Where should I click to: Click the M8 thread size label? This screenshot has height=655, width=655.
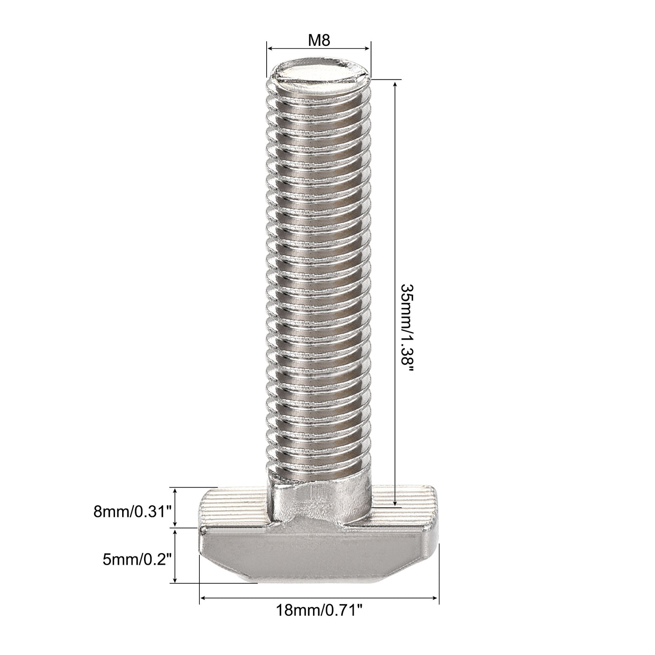pyautogui.click(x=319, y=41)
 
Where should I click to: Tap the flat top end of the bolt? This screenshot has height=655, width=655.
pyautogui.click(x=319, y=74)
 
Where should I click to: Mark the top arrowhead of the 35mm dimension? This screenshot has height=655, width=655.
pyautogui.click(x=396, y=83)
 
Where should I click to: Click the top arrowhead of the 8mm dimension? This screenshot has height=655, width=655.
pyautogui.click(x=175, y=490)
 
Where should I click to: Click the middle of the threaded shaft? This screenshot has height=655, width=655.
pyautogui.click(x=319, y=281)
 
